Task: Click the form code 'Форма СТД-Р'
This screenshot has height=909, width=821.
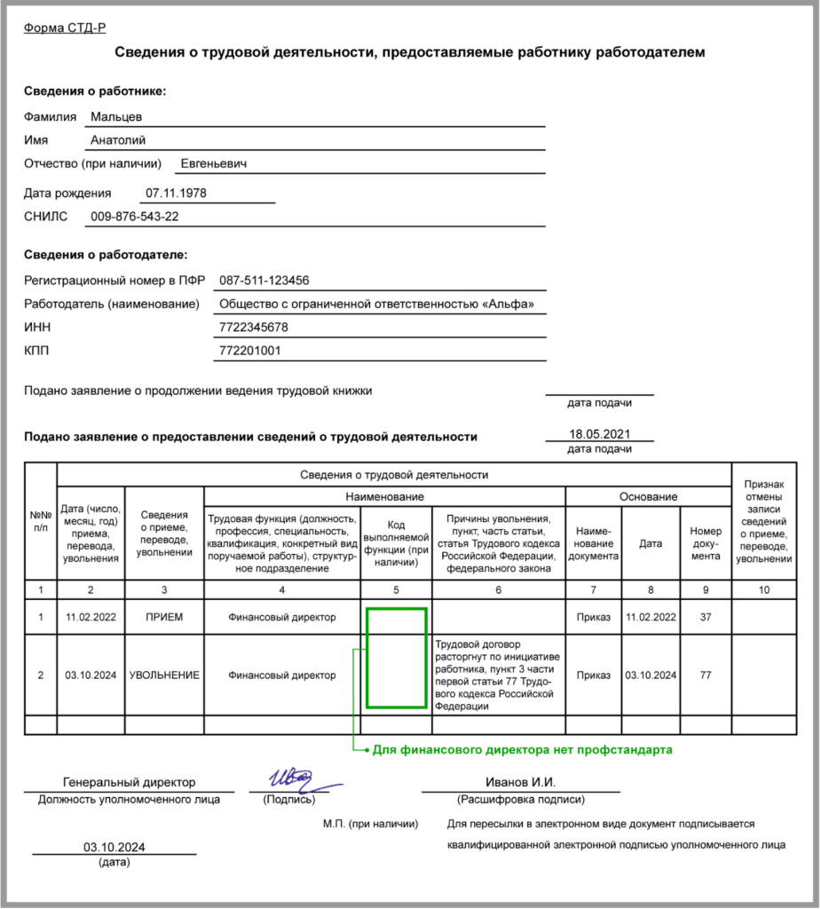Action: pyautogui.click(x=64, y=28)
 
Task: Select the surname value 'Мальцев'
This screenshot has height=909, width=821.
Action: pyautogui.click(x=116, y=116)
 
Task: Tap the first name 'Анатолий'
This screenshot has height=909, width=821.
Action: pyautogui.click(x=118, y=140)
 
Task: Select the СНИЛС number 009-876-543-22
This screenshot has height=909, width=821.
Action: pyautogui.click(x=134, y=217)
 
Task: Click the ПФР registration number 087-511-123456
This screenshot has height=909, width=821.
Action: pyautogui.click(x=264, y=281)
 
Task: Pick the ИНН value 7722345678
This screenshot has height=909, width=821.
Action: pyautogui.click(x=253, y=328)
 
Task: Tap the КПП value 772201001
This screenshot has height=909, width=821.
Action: pyautogui.click(x=249, y=351)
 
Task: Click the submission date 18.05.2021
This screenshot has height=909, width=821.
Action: pyautogui.click(x=599, y=433)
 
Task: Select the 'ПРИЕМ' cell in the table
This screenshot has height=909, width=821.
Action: pyautogui.click(x=164, y=618)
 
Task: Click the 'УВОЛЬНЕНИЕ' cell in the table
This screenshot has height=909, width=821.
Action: pyautogui.click(x=164, y=676)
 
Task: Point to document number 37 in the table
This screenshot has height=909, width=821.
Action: pyautogui.click(x=706, y=618)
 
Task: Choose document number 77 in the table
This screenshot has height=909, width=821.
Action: pyautogui.click(x=706, y=676)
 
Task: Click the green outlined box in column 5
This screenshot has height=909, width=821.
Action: pyautogui.click(x=396, y=658)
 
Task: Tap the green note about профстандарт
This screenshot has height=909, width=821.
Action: pyautogui.click(x=522, y=750)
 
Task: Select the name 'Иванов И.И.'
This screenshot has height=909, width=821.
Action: pyautogui.click(x=520, y=782)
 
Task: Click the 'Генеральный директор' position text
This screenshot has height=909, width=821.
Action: pyautogui.click(x=130, y=782)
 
